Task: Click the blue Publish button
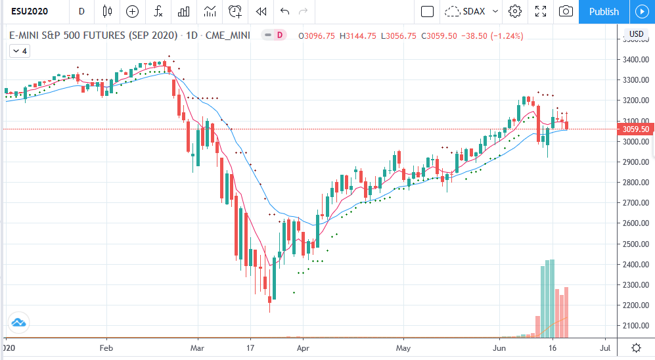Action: tap(604, 12)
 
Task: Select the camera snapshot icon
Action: tap(565, 12)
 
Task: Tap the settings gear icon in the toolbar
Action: tap(515, 12)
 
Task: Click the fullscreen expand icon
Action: tap(541, 12)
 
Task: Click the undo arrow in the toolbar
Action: tap(284, 12)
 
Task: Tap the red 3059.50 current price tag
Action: tap(635, 129)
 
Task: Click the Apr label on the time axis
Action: tap(303, 347)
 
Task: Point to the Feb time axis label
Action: tap(106, 347)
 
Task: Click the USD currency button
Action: tap(636, 34)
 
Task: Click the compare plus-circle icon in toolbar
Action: tap(133, 12)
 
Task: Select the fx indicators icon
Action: tap(158, 12)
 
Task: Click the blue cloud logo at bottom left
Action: tap(18, 323)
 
